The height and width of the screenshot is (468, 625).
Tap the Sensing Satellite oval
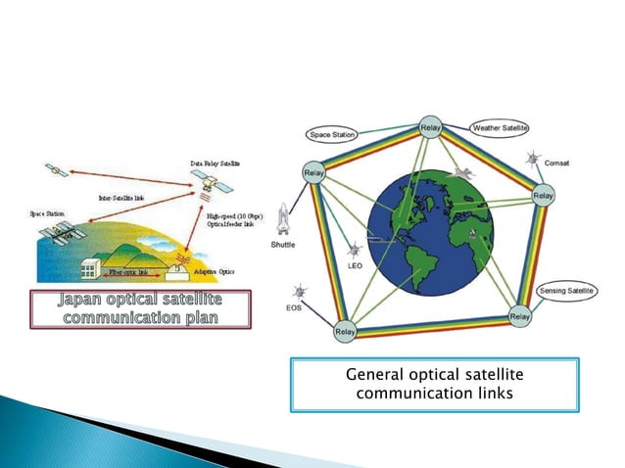[568, 291]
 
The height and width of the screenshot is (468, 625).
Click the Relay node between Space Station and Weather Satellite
[430, 128]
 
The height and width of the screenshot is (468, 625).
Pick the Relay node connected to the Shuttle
[313, 173]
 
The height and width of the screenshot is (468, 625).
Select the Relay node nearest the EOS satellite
[345, 332]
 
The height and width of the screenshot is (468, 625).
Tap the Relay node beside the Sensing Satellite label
[520, 317]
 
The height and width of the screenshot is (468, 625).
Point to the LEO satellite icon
[354, 250]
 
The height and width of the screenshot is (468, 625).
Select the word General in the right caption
[378, 376]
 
